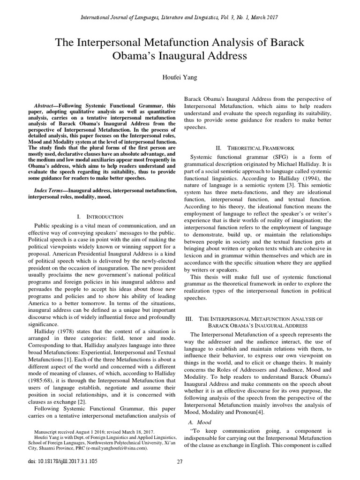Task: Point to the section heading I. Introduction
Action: pos(100,217)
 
